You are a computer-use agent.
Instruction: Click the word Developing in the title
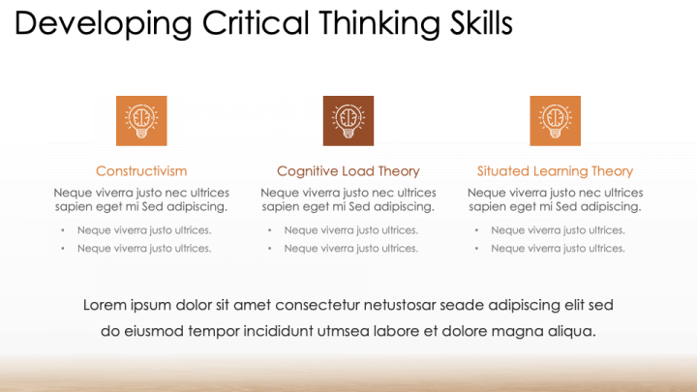coord(104,24)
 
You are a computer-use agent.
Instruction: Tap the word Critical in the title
coord(256,22)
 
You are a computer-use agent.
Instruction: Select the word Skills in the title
coord(481,22)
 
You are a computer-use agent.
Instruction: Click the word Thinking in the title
coord(379,24)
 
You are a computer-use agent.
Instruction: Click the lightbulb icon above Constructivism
coord(141,121)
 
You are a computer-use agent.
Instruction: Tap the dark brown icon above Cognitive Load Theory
coord(348,121)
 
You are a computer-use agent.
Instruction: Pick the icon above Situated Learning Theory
coord(556,121)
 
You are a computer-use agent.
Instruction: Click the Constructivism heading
coord(141,171)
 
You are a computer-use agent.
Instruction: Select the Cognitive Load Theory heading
coord(348,171)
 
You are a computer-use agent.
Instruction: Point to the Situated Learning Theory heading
coord(556,171)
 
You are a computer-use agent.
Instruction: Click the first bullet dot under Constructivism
coord(63,230)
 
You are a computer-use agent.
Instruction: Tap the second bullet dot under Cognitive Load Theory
coord(270,249)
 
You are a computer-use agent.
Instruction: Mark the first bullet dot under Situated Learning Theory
coord(476,230)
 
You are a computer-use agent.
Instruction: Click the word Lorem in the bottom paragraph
coord(105,305)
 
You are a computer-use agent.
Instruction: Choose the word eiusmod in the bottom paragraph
coord(154,331)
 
